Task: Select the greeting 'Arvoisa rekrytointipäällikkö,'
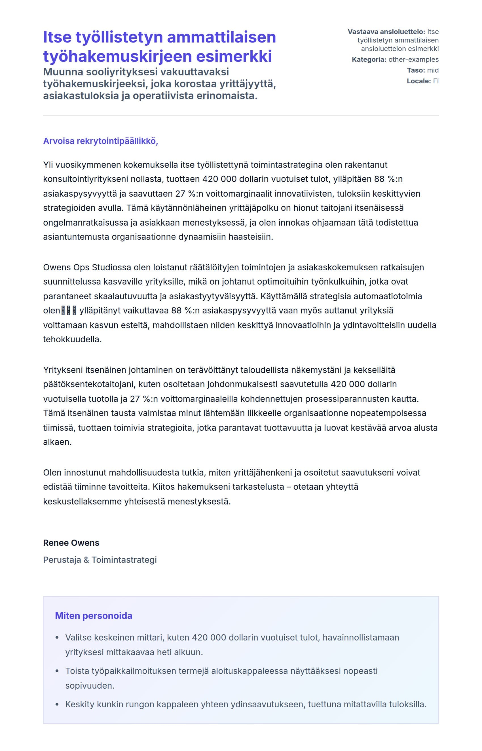(100, 141)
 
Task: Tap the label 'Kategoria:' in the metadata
(369, 60)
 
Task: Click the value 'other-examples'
(413, 60)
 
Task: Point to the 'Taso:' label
(416, 70)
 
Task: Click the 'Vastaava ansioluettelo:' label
(386, 31)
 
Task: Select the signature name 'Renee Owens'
(71, 543)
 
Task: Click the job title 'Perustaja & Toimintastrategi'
(100, 560)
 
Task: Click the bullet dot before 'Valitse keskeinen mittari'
(57, 637)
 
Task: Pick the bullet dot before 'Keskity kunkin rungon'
(57, 705)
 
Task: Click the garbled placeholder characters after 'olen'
(69, 311)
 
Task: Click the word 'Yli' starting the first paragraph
(48, 165)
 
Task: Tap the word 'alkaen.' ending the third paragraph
(57, 442)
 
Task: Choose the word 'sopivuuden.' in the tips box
(90, 686)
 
